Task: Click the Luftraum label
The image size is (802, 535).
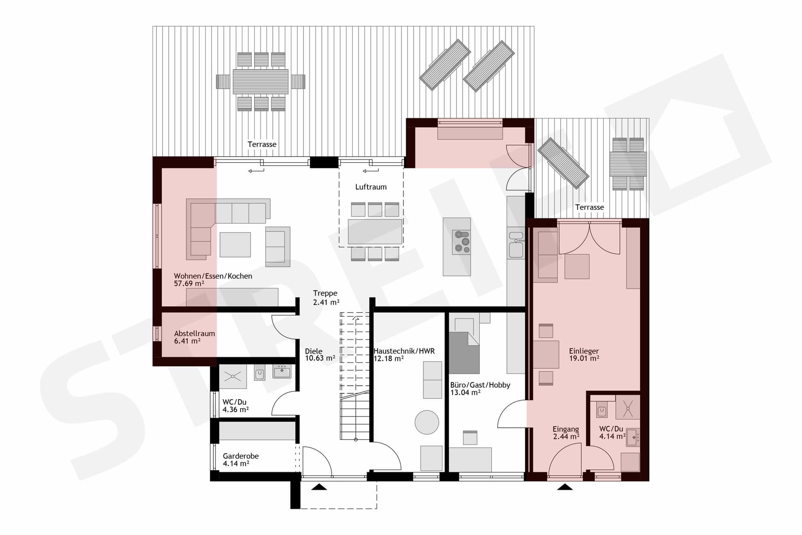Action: pyautogui.click(x=371, y=187)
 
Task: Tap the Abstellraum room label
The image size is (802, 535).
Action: pyautogui.click(x=194, y=334)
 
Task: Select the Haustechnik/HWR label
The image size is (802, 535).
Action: pyautogui.click(x=404, y=351)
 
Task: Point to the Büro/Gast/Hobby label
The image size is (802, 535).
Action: pyautogui.click(x=480, y=385)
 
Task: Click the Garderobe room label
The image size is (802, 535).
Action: pyautogui.click(x=241, y=456)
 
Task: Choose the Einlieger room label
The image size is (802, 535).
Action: pyautogui.click(x=584, y=351)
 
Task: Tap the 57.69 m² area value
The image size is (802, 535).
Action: pyautogui.click(x=189, y=284)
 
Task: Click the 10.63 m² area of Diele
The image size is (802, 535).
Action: pyautogui.click(x=320, y=359)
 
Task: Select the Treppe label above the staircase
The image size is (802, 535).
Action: pyautogui.click(x=325, y=293)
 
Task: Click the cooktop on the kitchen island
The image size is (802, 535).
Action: pyautogui.click(x=462, y=242)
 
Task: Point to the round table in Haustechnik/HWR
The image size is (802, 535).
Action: pyautogui.click(x=427, y=422)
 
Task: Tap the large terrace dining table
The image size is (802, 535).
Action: pyautogui.click(x=261, y=82)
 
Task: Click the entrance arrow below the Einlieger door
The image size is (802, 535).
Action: pyautogui.click(x=565, y=487)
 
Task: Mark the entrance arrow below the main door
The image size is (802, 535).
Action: pyautogui.click(x=319, y=487)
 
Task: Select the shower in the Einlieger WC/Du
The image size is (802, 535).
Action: pyautogui.click(x=628, y=408)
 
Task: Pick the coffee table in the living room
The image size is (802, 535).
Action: pyautogui.click(x=235, y=244)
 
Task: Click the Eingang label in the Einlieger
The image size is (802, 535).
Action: pyautogui.click(x=566, y=429)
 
